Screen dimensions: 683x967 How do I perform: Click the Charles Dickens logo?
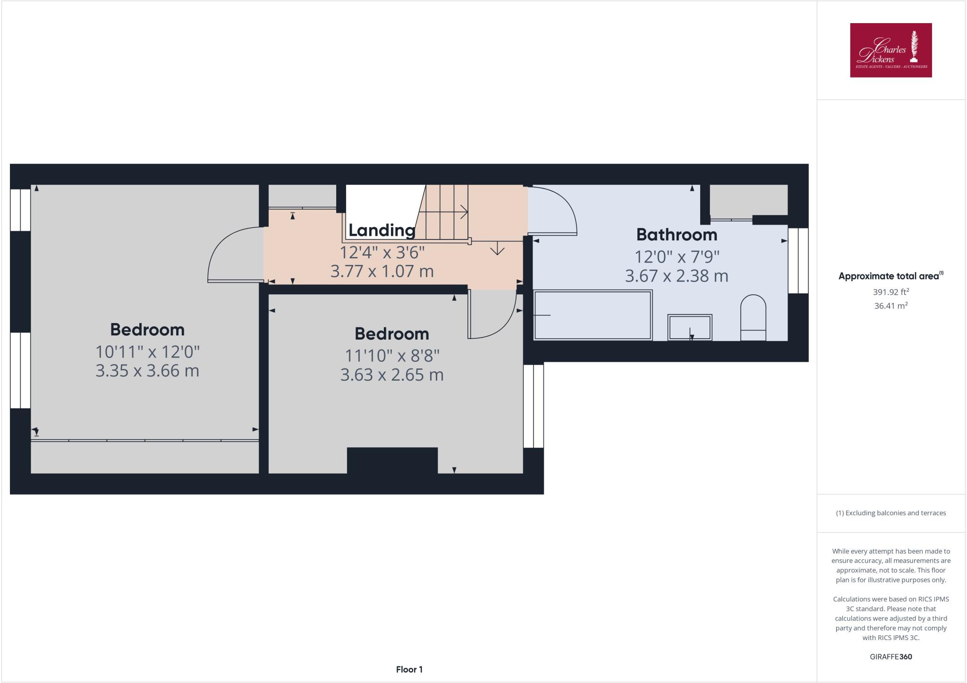[891, 50]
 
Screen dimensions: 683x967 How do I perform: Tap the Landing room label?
[382, 230]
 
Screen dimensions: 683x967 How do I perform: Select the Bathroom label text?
[676, 234]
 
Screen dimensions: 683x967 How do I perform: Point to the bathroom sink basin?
[690, 327]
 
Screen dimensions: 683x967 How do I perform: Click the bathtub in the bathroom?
[593, 315]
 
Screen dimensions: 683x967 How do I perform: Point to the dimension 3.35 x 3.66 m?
[147, 371]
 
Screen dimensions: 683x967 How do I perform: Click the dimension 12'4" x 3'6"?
[382, 253]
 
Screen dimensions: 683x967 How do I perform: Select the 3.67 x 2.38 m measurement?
[676, 276]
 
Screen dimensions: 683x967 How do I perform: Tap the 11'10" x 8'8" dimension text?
[392, 355]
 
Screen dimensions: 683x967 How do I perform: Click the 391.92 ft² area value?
[891, 292]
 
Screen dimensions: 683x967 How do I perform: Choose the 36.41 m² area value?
[891, 306]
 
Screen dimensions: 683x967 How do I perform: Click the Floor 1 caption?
[409, 669]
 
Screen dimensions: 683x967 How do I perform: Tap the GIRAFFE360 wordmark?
[891, 657]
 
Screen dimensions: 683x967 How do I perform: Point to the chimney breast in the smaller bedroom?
[392, 460]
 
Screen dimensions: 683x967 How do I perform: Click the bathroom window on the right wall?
[798, 261]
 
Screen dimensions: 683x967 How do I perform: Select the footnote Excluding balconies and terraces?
[891, 513]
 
